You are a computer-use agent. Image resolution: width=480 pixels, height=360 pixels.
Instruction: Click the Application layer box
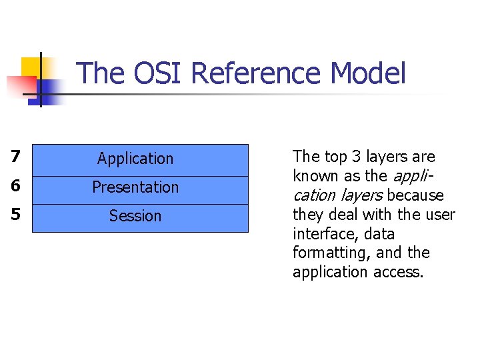140,159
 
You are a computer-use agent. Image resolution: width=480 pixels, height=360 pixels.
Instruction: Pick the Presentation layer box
140,188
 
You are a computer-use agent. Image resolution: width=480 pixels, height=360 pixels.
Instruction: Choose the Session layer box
140,217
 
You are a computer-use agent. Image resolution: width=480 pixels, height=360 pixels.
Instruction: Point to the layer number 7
16,158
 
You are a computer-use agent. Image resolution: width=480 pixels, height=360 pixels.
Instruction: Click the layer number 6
16,187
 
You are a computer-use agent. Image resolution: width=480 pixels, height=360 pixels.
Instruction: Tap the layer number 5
16,215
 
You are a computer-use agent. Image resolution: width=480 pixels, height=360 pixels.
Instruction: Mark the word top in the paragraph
336,157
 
